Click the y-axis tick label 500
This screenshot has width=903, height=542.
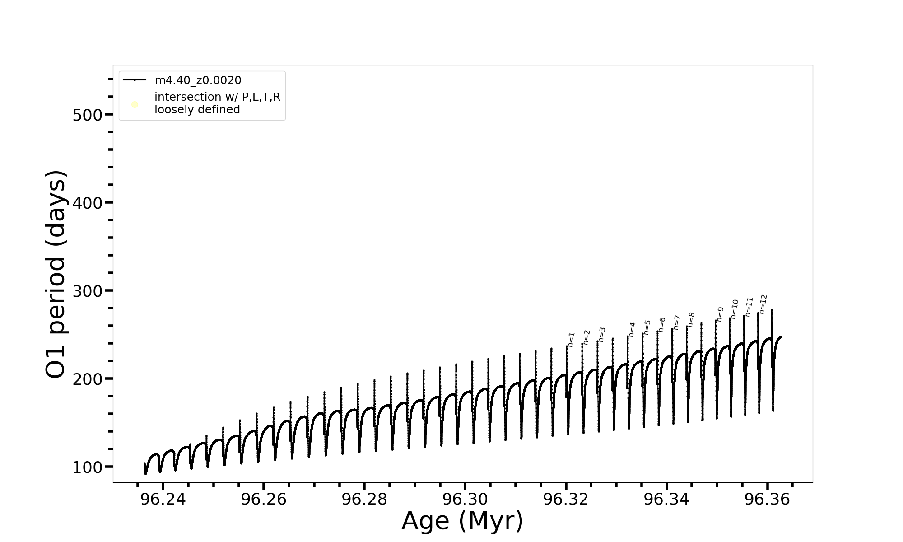coord(88,115)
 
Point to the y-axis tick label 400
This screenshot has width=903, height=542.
coord(88,203)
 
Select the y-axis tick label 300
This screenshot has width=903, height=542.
coord(88,291)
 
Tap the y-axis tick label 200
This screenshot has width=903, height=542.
coord(88,379)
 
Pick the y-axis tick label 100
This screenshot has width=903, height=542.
coord(88,467)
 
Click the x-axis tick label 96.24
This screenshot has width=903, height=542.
coord(163,500)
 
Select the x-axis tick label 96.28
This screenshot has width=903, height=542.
coord(364,500)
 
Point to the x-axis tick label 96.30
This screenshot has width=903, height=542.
coord(465,500)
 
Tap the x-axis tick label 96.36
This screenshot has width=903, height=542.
coord(767,500)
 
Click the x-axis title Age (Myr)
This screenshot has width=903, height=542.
coord(462,521)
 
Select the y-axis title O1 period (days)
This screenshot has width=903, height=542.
coord(56,274)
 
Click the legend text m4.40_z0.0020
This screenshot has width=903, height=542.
coord(198,80)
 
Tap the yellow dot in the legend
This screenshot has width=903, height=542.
coord(135,105)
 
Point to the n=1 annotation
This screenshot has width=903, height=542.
coord(571,340)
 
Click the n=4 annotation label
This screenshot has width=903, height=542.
coord(632,329)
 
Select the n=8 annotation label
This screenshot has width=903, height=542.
coord(691,319)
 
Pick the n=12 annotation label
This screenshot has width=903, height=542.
coord(763,304)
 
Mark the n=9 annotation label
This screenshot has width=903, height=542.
coord(720,314)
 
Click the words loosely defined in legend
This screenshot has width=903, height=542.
coord(197,110)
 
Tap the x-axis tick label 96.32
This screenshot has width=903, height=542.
coord(566,500)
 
